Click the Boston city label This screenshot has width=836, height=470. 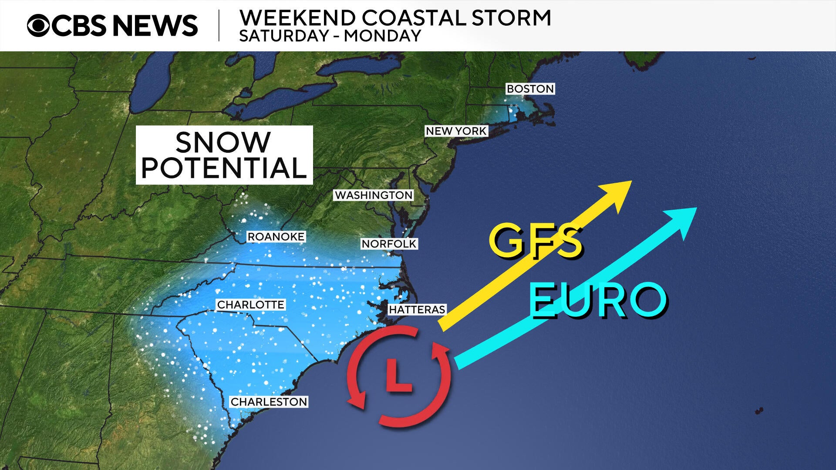530,89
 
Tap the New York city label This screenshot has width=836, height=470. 456,131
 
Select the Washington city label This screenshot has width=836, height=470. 374,195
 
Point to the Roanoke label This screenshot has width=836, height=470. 276,237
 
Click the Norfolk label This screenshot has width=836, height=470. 389,244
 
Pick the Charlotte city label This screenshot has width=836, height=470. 251,305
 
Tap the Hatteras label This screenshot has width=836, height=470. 417,309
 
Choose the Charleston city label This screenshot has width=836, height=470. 269,402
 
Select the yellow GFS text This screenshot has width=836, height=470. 536,241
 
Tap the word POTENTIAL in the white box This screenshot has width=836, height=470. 224,168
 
